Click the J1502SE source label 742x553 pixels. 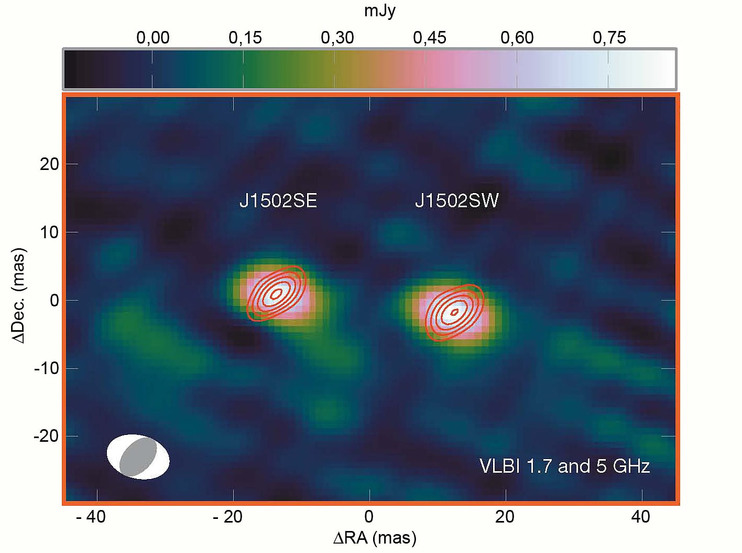point(278,201)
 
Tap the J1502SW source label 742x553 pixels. point(456,201)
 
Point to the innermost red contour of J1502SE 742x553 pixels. point(277,293)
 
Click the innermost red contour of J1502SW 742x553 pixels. point(454,312)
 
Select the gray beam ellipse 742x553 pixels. point(138,457)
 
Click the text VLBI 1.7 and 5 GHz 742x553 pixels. point(564,466)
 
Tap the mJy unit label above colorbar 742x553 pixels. point(379,10)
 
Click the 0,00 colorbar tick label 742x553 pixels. point(152,38)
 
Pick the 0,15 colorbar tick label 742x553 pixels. point(245,38)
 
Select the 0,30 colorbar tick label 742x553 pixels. point(337,38)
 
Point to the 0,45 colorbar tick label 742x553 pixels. point(429,38)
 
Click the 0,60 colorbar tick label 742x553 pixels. point(517,38)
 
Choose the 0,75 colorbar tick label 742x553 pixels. point(609,38)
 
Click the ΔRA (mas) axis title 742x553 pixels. point(375,538)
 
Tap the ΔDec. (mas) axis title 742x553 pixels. point(19,296)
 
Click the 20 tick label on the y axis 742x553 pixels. point(49,164)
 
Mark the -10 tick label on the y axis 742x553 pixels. point(46,368)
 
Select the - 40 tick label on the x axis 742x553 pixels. point(91,517)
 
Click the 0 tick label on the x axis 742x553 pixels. point(369,517)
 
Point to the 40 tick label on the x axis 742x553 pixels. point(640,517)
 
